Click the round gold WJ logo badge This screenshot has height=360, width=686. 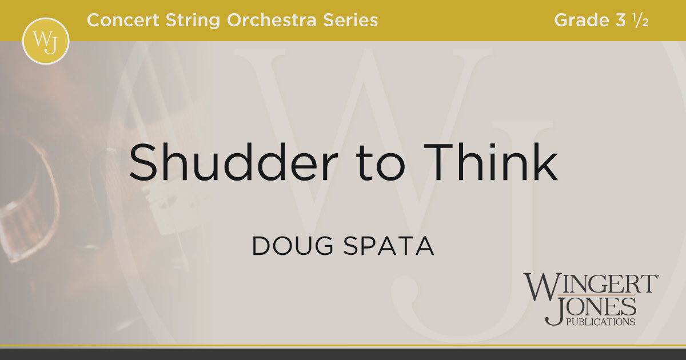point(46,41)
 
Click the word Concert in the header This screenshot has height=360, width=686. point(123,20)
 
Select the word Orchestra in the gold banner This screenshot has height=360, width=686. point(272,20)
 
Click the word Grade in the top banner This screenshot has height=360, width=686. point(581,20)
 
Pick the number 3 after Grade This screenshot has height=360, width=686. point(620,20)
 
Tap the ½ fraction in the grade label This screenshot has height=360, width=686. point(641,20)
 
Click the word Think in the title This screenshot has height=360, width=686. point(490,162)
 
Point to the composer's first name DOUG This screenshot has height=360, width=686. point(293,246)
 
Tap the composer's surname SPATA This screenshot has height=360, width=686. point(389,246)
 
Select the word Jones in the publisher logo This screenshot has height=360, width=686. point(591,307)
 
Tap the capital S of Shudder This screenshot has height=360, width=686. point(144,162)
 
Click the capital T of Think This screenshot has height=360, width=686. point(438,162)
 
